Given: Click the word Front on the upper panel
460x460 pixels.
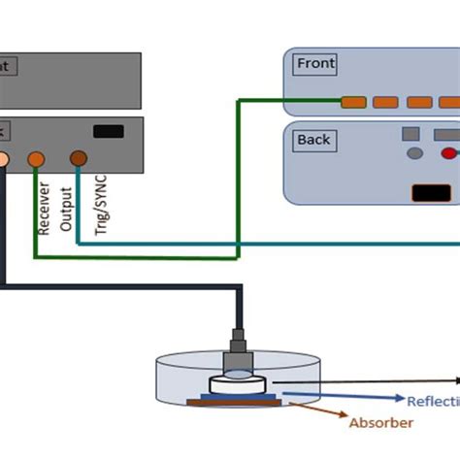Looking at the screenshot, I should pos(315,64).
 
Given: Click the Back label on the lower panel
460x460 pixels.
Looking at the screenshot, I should pos(313,140).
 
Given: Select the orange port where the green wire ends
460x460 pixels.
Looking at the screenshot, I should pos(353,102).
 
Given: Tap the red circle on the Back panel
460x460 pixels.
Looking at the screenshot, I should pos(448,153).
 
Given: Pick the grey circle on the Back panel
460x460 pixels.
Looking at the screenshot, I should pos(414,153).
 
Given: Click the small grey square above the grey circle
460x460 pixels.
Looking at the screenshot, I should pos(411,134).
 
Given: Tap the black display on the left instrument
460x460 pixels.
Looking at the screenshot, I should pos(108,131).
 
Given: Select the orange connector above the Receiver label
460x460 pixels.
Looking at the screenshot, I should pos(36,157).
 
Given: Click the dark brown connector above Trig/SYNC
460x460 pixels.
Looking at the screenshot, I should pos(78,157).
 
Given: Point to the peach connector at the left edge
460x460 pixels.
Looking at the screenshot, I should pos(3,158).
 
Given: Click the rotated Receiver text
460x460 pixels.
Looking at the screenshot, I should pos(44,207).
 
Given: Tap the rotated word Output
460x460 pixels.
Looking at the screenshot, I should pos(67,204).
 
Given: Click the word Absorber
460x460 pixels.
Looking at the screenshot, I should pos(380,422).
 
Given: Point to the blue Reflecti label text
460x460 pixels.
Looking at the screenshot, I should pos(433,401).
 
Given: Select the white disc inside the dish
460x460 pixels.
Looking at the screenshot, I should pos(236,385).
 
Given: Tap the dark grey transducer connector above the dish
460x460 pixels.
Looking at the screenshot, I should pos(238,345).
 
